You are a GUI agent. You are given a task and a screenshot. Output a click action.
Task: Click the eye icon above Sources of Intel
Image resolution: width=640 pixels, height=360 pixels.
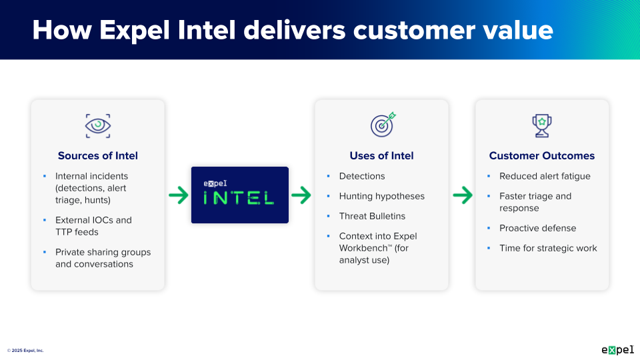click(x=98, y=125)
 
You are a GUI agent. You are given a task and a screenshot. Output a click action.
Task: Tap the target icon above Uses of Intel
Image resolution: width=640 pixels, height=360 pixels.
click(x=383, y=124)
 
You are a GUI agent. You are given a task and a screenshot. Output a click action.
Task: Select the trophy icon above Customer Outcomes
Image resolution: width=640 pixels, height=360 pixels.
click(x=541, y=125)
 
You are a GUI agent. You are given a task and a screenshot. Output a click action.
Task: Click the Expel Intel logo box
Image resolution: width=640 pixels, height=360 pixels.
click(x=240, y=195)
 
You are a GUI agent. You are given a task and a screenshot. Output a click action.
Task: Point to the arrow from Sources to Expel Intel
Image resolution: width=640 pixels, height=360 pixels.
click(x=178, y=195)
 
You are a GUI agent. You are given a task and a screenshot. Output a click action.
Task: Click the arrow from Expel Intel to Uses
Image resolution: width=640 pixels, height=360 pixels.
click(x=301, y=195)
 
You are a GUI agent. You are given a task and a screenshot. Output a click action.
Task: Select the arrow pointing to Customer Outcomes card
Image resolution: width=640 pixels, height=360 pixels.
click(x=462, y=195)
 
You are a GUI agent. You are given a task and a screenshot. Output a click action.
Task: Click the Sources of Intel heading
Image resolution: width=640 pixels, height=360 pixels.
click(x=98, y=156)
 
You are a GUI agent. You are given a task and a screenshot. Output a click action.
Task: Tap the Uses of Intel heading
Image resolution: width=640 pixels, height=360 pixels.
click(x=381, y=156)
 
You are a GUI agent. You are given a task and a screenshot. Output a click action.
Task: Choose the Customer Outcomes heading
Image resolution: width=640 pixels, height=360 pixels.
click(x=541, y=156)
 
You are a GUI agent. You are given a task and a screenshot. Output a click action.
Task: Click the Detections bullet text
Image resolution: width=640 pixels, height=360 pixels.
click(x=362, y=176)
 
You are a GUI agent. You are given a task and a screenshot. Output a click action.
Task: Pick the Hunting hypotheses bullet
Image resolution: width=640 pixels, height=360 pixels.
click(x=381, y=196)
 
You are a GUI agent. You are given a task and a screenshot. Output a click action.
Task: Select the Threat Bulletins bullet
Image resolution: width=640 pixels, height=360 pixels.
click(x=372, y=216)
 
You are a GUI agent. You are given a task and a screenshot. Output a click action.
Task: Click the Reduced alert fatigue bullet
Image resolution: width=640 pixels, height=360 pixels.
click(x=545, y=176)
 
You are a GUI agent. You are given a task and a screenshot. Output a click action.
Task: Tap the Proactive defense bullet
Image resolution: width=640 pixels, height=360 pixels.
click(x=537, y=228)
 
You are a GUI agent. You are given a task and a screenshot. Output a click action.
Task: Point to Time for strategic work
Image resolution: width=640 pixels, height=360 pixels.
click(x=548, y=248)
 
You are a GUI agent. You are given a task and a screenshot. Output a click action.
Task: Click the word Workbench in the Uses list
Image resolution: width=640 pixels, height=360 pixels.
click(x=364, y=248)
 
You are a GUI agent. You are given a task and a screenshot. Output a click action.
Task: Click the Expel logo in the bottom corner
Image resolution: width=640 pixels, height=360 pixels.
click(x=617, y=349)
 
